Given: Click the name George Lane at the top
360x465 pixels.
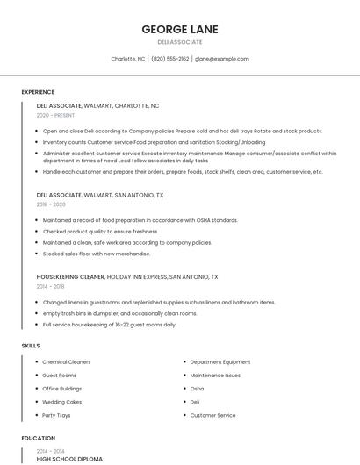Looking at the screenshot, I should (180, 30).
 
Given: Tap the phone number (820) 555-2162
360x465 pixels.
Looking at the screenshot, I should (170, 59).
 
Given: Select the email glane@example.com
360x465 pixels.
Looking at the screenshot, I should (222, 59).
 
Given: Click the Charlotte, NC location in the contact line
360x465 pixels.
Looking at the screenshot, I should (128, 59).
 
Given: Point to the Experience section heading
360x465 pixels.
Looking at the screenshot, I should (38, 92).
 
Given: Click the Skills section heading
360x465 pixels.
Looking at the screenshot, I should (31, 346).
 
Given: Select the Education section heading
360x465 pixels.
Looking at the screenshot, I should (39, 438).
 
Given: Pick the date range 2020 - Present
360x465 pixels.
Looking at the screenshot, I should (55, 115).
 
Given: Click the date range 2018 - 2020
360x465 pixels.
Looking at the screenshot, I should (51, 204).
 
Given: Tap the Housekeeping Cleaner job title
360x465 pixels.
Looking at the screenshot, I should (70, 276).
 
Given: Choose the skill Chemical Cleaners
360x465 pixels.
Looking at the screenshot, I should (67, 361).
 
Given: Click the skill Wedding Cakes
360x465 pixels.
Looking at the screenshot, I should (62, 402).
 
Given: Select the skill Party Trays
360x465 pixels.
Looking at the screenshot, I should (56, 415).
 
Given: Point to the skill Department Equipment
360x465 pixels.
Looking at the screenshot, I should (220, 361).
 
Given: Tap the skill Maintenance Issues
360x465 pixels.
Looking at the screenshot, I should (215, 375).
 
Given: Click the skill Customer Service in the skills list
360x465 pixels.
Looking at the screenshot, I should (213, 415).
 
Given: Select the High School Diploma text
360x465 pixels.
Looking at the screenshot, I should (69, 459).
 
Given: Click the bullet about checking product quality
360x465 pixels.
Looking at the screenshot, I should (89, 232).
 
